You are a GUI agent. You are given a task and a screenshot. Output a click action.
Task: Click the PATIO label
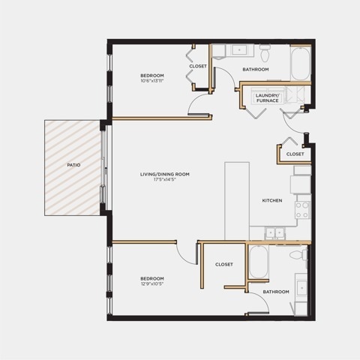73,165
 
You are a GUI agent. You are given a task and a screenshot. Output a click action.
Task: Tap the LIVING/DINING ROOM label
165,174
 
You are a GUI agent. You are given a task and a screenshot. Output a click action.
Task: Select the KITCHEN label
272,200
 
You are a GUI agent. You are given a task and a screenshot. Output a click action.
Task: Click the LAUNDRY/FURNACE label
267,98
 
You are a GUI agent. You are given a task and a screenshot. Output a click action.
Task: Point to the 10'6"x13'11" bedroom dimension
152,81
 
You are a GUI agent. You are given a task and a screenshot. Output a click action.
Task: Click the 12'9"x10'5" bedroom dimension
152,283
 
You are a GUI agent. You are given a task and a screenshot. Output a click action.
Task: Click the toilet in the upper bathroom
265,53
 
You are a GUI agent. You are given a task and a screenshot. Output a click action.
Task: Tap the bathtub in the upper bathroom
301,64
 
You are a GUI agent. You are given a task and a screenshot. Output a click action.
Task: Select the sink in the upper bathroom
239,50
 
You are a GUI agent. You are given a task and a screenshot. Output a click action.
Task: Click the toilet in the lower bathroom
298,255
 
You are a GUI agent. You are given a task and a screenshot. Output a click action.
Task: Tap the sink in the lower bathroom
301,288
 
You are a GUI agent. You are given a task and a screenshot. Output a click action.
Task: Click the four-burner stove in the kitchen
302,210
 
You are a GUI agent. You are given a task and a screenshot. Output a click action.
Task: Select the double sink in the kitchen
275,233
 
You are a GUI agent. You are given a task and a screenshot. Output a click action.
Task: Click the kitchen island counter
237,201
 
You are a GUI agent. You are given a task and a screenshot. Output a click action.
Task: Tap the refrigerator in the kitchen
301,184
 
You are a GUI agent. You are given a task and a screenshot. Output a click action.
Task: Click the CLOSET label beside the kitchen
295,154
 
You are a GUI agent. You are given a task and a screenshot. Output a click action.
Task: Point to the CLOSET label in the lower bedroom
224,264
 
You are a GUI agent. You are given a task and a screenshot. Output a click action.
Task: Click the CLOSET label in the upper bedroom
198,66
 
